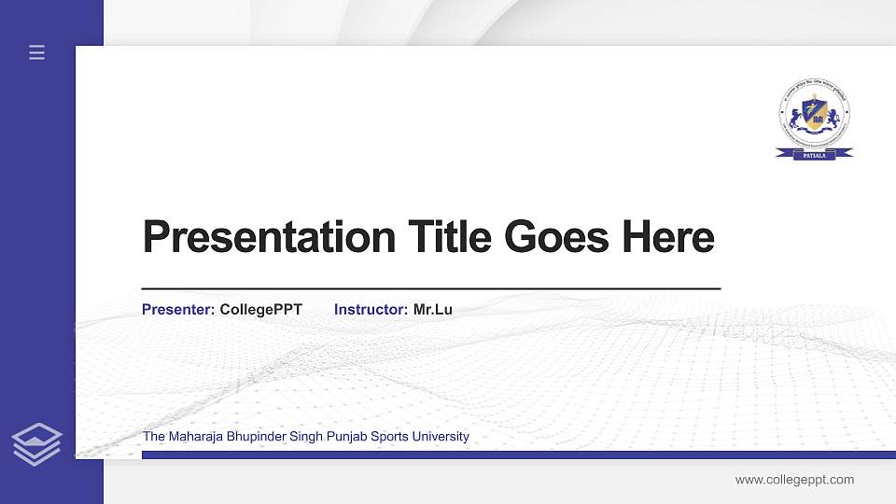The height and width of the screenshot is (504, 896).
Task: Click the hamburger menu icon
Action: click(36, 53)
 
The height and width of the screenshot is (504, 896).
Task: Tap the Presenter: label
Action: click(178, 310)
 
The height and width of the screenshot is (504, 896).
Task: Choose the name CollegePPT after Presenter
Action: click(260, 310)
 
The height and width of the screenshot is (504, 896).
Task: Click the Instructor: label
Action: click(371, 310)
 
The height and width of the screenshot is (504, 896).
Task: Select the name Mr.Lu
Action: click(433, 310)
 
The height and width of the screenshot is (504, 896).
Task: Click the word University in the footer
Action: click(441, 437)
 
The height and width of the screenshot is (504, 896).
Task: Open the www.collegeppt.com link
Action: click(794, 480)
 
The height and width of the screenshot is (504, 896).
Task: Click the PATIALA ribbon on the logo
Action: click(814, 155)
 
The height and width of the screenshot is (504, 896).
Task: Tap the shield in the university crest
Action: click(815, 115)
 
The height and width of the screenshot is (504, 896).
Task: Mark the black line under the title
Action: click(430, 289)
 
